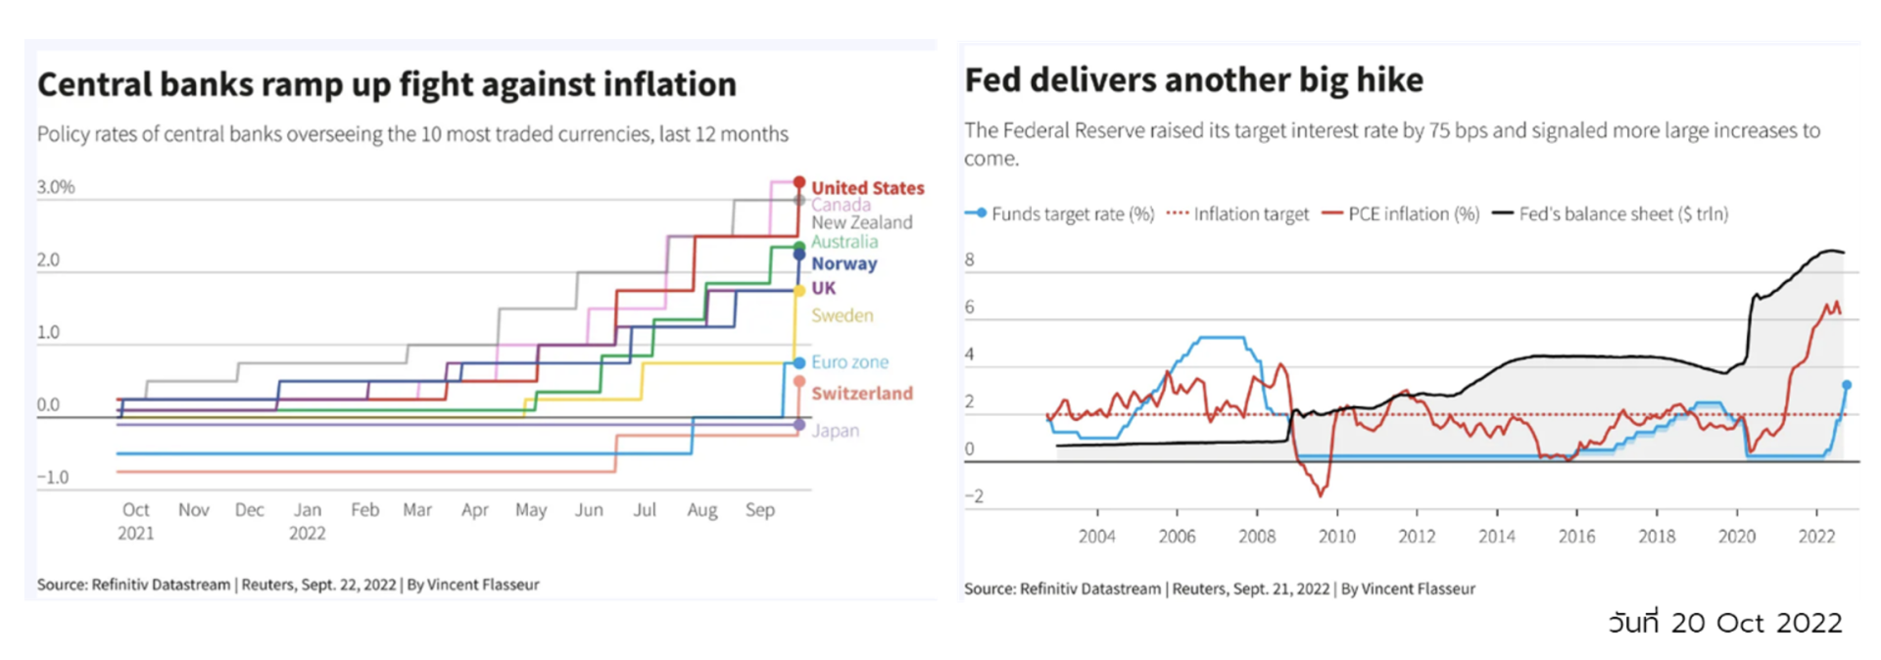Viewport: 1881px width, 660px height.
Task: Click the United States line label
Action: (x=867, y=187)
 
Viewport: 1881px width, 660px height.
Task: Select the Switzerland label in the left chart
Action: (x=861, y=393)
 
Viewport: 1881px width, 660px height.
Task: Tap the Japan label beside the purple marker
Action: (x=835, y=430)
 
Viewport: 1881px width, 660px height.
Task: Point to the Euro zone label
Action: (x=849, y=361)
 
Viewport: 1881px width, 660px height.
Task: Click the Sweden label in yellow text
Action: (x=842, y=315)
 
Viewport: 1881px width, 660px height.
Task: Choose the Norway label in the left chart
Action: (x=844, y=263)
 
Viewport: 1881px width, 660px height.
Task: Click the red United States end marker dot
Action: (x=799, y=182)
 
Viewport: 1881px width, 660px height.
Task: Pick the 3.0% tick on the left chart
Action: (x=56, y=187)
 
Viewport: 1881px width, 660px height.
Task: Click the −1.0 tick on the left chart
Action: (x=53, y=477)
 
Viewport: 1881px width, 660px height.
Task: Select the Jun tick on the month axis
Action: (x=589, y=510)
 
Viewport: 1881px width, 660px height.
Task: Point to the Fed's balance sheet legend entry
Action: (x=1611, y=213)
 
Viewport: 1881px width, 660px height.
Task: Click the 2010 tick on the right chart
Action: (x=1337, y=536)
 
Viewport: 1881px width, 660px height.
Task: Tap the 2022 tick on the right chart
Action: (x=1816, y=536)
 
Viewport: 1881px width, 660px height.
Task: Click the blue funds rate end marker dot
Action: (x=1846, y=385)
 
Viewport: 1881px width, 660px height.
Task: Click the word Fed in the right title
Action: (x=994, y=79)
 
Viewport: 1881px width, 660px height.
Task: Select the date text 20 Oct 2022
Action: (x=1757, y=623)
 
